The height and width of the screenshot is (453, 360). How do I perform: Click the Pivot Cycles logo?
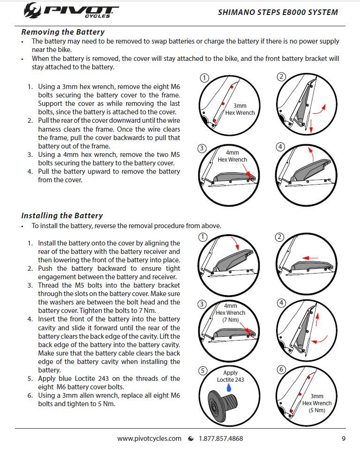coord(70,10)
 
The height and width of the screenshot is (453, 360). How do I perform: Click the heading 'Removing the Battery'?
coord(63,32)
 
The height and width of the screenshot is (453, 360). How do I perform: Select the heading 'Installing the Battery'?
coord(62,215)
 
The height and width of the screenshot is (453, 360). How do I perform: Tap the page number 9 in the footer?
coord(344,438)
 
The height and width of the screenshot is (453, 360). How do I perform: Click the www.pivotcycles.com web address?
coord(149,438)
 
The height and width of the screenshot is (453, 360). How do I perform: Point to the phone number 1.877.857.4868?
coord(221,438)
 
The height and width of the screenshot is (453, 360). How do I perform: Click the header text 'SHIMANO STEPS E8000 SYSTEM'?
coord(277,12)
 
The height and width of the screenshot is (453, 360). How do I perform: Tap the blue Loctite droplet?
coord(229,388)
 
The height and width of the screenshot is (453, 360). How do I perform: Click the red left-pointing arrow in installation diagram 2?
coord(310,257)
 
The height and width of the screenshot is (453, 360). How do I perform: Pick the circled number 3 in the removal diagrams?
coord(202,149)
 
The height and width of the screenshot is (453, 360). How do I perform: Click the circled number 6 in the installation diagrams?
coord(281,370)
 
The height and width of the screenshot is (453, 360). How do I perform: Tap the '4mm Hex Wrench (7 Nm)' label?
coord(231,312)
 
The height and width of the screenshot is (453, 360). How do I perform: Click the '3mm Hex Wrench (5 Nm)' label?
coord(317,403)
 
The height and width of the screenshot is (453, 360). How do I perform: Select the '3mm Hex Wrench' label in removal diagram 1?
coord(240,109)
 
